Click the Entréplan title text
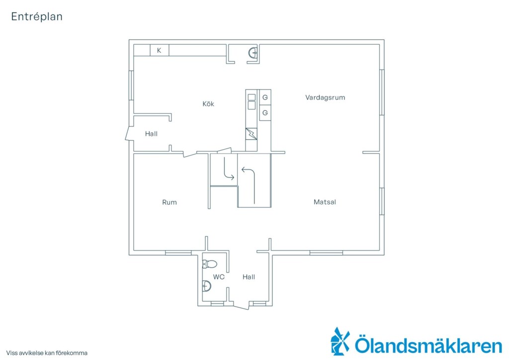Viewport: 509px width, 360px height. [x=37, y=16]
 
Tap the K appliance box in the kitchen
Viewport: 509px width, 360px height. [x=160, y=50]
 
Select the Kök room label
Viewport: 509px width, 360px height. [x=208, y=104]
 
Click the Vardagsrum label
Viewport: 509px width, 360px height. [x=325, y=97]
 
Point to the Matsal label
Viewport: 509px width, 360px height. [x=325, y=202]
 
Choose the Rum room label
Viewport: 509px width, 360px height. [x=170, y=202]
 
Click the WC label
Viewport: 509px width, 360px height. [x=219, y=277]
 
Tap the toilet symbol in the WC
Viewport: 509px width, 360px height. [x=209, y=264]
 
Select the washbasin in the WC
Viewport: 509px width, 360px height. [x=206, y=286]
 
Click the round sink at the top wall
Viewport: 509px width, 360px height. [x=253, y=52]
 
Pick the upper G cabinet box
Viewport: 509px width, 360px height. [x=265, y=97]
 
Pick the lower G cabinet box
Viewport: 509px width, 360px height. [x=265, y=113]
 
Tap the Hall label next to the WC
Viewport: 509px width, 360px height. [x=249, y=277]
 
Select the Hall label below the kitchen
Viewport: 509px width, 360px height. [x=151, y=134]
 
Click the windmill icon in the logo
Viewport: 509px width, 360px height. [x=340, y=341]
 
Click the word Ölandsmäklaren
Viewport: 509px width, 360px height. [x=428, y=345]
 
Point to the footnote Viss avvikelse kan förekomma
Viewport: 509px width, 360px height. [x=47, y=353]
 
